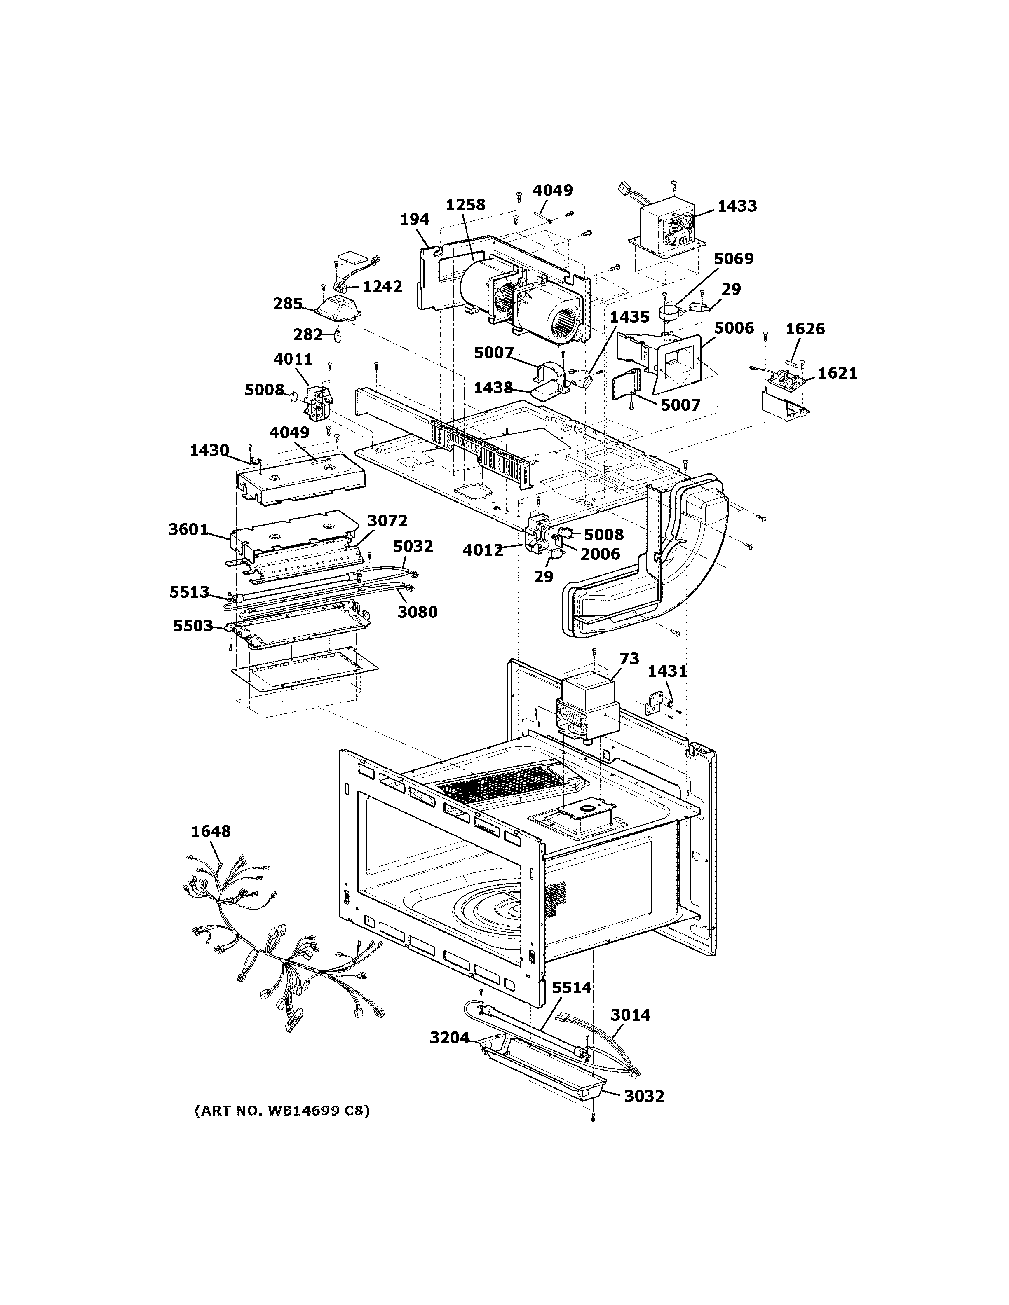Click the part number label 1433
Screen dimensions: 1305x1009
pos(737,206)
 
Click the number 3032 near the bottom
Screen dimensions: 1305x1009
pos(644,1097)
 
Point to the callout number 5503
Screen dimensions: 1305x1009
pos(193,626)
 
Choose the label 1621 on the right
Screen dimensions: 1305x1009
pos(838,374)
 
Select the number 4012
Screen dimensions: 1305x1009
pos(483,550)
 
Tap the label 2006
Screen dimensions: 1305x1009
pos(600,554)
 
